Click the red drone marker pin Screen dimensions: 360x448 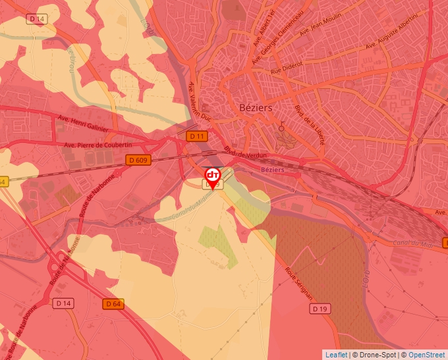(213, 176)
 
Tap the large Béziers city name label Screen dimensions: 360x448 (250, 107)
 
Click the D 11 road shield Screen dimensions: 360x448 (196, 136)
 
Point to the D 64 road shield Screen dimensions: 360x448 (113, 303)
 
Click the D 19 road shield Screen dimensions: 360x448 (320, 308)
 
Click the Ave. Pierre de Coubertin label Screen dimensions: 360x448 (98, 145)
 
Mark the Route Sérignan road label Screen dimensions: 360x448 (300, 281)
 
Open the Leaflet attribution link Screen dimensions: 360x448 (336, 355)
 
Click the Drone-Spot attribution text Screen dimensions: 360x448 (374, 355)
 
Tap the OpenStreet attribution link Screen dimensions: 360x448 (426, 355)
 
